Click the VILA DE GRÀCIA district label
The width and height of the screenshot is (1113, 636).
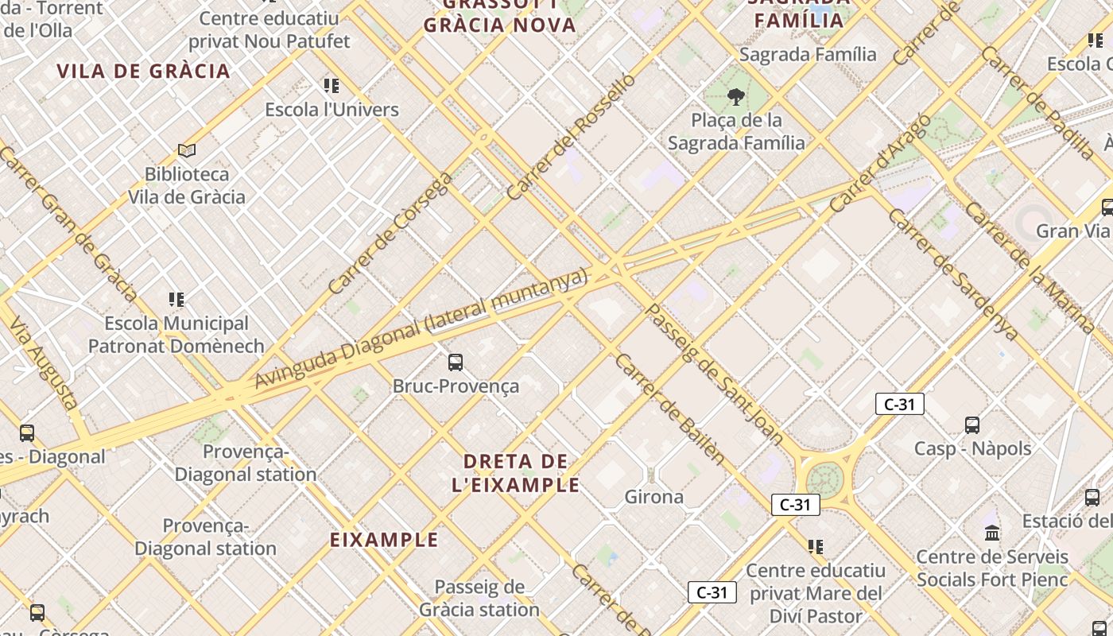(x=143, y=71)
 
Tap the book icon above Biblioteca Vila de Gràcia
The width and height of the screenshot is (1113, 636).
(x=187, y=150)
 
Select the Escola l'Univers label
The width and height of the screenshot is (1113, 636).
(x=332, y=110)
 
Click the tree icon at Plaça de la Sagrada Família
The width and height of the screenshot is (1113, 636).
(x=736, y=97)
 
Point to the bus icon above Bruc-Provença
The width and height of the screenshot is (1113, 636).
(x=456, y=363)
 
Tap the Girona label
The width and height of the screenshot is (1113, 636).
(x=653, y=497)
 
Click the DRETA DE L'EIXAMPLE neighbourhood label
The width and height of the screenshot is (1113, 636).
(x=515, y=473)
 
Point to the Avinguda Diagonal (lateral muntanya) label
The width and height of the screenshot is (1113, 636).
(x=421, y=328)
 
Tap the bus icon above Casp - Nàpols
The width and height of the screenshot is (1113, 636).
(x=972, y=425)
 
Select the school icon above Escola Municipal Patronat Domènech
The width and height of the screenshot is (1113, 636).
(x=176, y=300)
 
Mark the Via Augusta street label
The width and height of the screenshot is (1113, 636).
(x=44, y=362)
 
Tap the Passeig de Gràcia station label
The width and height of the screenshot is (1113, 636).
(x=479, y=599)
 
